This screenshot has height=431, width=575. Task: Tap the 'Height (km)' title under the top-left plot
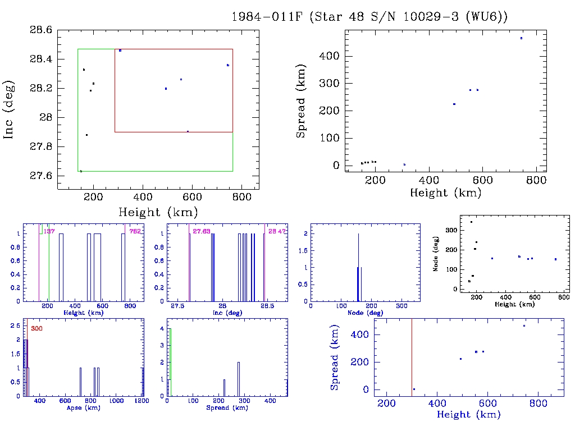[158, 212]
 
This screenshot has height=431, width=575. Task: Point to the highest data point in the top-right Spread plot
[521, 38]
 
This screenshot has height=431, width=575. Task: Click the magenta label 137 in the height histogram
[49, 231]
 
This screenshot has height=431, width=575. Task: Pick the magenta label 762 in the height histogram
[134, 231]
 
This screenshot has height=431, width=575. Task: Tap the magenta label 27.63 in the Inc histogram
[201, 231]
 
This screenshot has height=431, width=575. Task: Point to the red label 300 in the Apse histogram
[36, 328]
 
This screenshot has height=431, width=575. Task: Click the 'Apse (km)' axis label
[83, 407]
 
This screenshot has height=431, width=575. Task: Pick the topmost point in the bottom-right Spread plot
[524, 325]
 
